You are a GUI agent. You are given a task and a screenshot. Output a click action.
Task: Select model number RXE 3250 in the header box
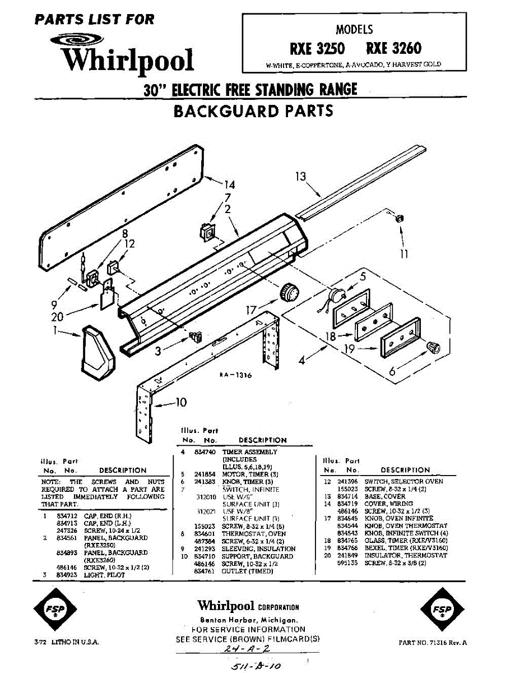tap(317, 48)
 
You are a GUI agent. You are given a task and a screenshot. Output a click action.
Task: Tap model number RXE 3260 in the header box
tap(393, 48)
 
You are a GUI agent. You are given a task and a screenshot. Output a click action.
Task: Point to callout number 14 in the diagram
tap(229, 185)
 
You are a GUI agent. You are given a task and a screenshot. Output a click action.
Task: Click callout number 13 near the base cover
tap(301, 177)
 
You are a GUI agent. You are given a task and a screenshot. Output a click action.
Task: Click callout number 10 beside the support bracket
tap(180, 402)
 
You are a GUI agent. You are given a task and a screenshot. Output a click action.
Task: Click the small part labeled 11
tap(400, 218)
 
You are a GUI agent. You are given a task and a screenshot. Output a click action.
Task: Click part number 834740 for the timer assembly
tap(204, 451)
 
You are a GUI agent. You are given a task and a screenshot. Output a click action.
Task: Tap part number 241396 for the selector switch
tap(349, 481)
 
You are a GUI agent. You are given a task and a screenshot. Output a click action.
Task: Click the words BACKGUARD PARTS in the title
tap(253, 110)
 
